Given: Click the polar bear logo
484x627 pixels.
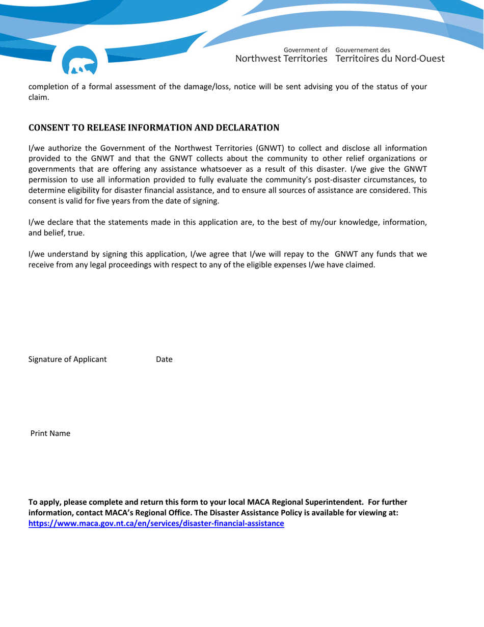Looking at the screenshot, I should [79, 62].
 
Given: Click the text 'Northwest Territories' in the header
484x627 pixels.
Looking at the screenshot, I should [281, 59].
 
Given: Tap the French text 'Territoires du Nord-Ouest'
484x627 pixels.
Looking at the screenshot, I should [390, 59].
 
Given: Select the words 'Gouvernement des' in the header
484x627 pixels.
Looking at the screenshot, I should [363, 50].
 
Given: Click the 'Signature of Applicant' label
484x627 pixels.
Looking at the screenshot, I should [67, 359].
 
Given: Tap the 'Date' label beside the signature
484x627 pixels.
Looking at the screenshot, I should [164, 359].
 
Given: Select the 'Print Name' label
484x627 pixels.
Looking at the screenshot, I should [50, 434].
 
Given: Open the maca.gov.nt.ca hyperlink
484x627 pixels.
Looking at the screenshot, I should [156, 524].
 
